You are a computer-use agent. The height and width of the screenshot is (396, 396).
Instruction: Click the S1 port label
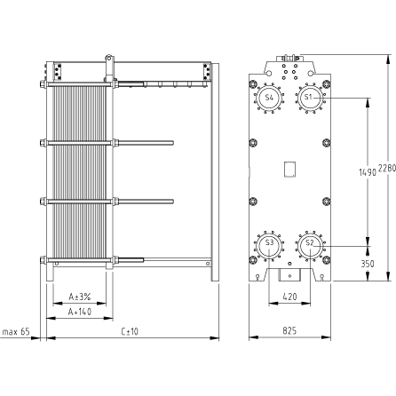308,97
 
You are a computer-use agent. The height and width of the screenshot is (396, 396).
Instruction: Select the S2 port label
309,242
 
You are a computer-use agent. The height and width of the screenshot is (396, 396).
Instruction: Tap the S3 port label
269,242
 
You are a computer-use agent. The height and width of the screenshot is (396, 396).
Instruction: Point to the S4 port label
269,97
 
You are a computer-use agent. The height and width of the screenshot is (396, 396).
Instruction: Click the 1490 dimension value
368,172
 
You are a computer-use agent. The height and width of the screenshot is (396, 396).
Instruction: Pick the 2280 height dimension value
387,168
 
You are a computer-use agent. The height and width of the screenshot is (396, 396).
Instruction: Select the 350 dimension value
368,264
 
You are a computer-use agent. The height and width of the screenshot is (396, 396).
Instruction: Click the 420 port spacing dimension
289,296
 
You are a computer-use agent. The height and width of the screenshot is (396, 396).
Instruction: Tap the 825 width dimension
289,330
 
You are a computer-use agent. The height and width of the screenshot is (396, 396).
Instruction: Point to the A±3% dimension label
80,297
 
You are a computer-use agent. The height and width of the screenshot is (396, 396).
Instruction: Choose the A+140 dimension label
80,312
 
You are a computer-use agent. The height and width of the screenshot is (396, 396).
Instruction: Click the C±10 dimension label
130,331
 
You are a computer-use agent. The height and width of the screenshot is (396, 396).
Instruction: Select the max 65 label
16,332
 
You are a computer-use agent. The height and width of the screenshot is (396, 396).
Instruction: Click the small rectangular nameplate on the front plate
290,169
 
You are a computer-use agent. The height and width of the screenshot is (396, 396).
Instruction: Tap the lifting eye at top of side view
108,57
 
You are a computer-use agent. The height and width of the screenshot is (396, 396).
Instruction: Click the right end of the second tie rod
173,143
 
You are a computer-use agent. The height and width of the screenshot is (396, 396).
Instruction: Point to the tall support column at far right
215,172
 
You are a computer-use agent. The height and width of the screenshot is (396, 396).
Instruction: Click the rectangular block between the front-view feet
289,275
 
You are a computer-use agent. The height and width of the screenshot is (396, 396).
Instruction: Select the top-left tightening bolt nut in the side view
43,84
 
